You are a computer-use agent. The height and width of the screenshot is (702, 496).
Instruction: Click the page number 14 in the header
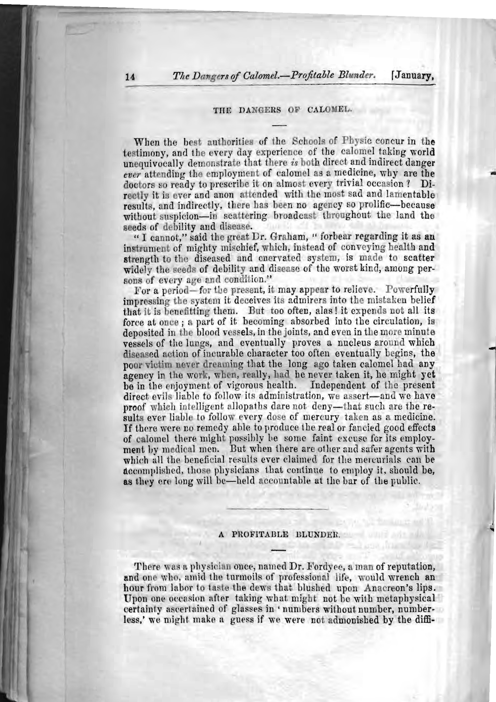[130, 77]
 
